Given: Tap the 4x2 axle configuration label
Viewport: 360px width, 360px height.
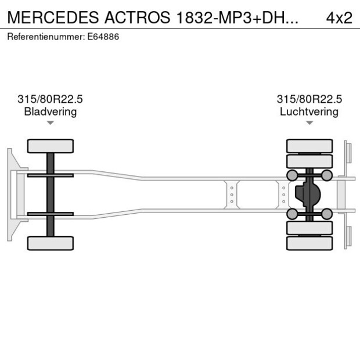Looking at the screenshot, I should click(x=339, y=17).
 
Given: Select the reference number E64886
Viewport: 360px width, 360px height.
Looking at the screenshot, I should click(x=105, y=37).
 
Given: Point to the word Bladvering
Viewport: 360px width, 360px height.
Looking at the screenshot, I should click(x=51, y=111).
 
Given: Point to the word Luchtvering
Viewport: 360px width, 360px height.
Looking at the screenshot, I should click(x=309, y=111).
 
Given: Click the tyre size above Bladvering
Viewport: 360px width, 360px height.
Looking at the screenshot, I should click(x=51, y=99).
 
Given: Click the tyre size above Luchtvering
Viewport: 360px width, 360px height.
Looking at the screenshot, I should click(x=309, y=99).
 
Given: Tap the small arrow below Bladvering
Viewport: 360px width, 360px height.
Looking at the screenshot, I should click(x=51, y=123).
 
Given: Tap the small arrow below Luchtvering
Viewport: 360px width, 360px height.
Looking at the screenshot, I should click(x=309, y=123).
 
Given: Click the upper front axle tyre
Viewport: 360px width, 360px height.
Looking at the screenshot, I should click(x=51, y=146).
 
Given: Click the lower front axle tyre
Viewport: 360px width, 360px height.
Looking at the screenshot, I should click(x=51, y=243).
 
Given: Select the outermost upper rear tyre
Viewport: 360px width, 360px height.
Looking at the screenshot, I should click(x=309, y=145).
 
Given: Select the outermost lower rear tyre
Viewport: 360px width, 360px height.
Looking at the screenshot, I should click(x=309, y=243).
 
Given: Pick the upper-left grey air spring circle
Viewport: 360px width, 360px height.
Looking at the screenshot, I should click(x=292, y=175).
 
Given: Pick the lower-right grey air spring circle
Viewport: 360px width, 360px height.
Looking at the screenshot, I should click(x=327, y=214).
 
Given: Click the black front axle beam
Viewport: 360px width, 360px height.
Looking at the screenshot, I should click(x=51, y=195).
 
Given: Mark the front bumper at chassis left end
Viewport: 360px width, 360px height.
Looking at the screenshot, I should click(x=10, y=195).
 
